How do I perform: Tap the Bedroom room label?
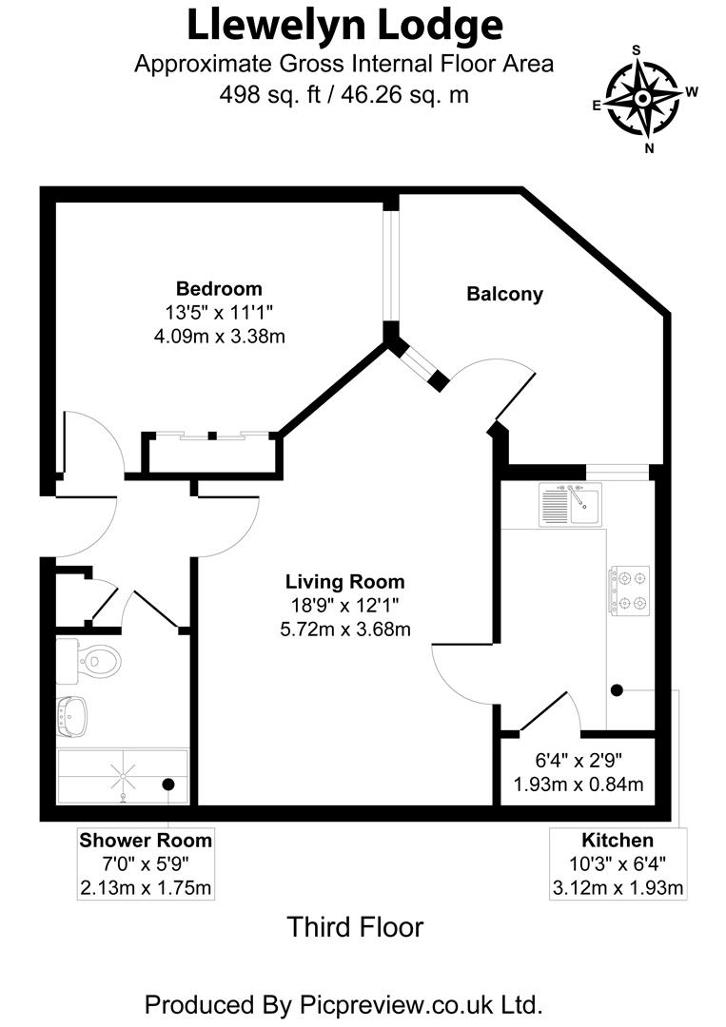(x=219, y=289)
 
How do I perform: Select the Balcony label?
(x=504, y=294)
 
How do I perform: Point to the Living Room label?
(x=345, y=582)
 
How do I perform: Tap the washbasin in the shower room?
(x=72, y=715)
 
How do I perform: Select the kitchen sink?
(x=569, y=504)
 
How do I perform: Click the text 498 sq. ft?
(x=268, y=94)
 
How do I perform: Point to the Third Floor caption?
(x=355, y=926)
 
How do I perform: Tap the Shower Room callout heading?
(x=146, y=841)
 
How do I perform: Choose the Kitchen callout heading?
(x=618, y=841)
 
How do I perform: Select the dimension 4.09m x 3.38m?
(x=220, y=335)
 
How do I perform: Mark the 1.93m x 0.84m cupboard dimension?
(x=579, y=785)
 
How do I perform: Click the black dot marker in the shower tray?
(x=167, y=785)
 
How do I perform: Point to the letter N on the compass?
(x=650, y=147)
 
